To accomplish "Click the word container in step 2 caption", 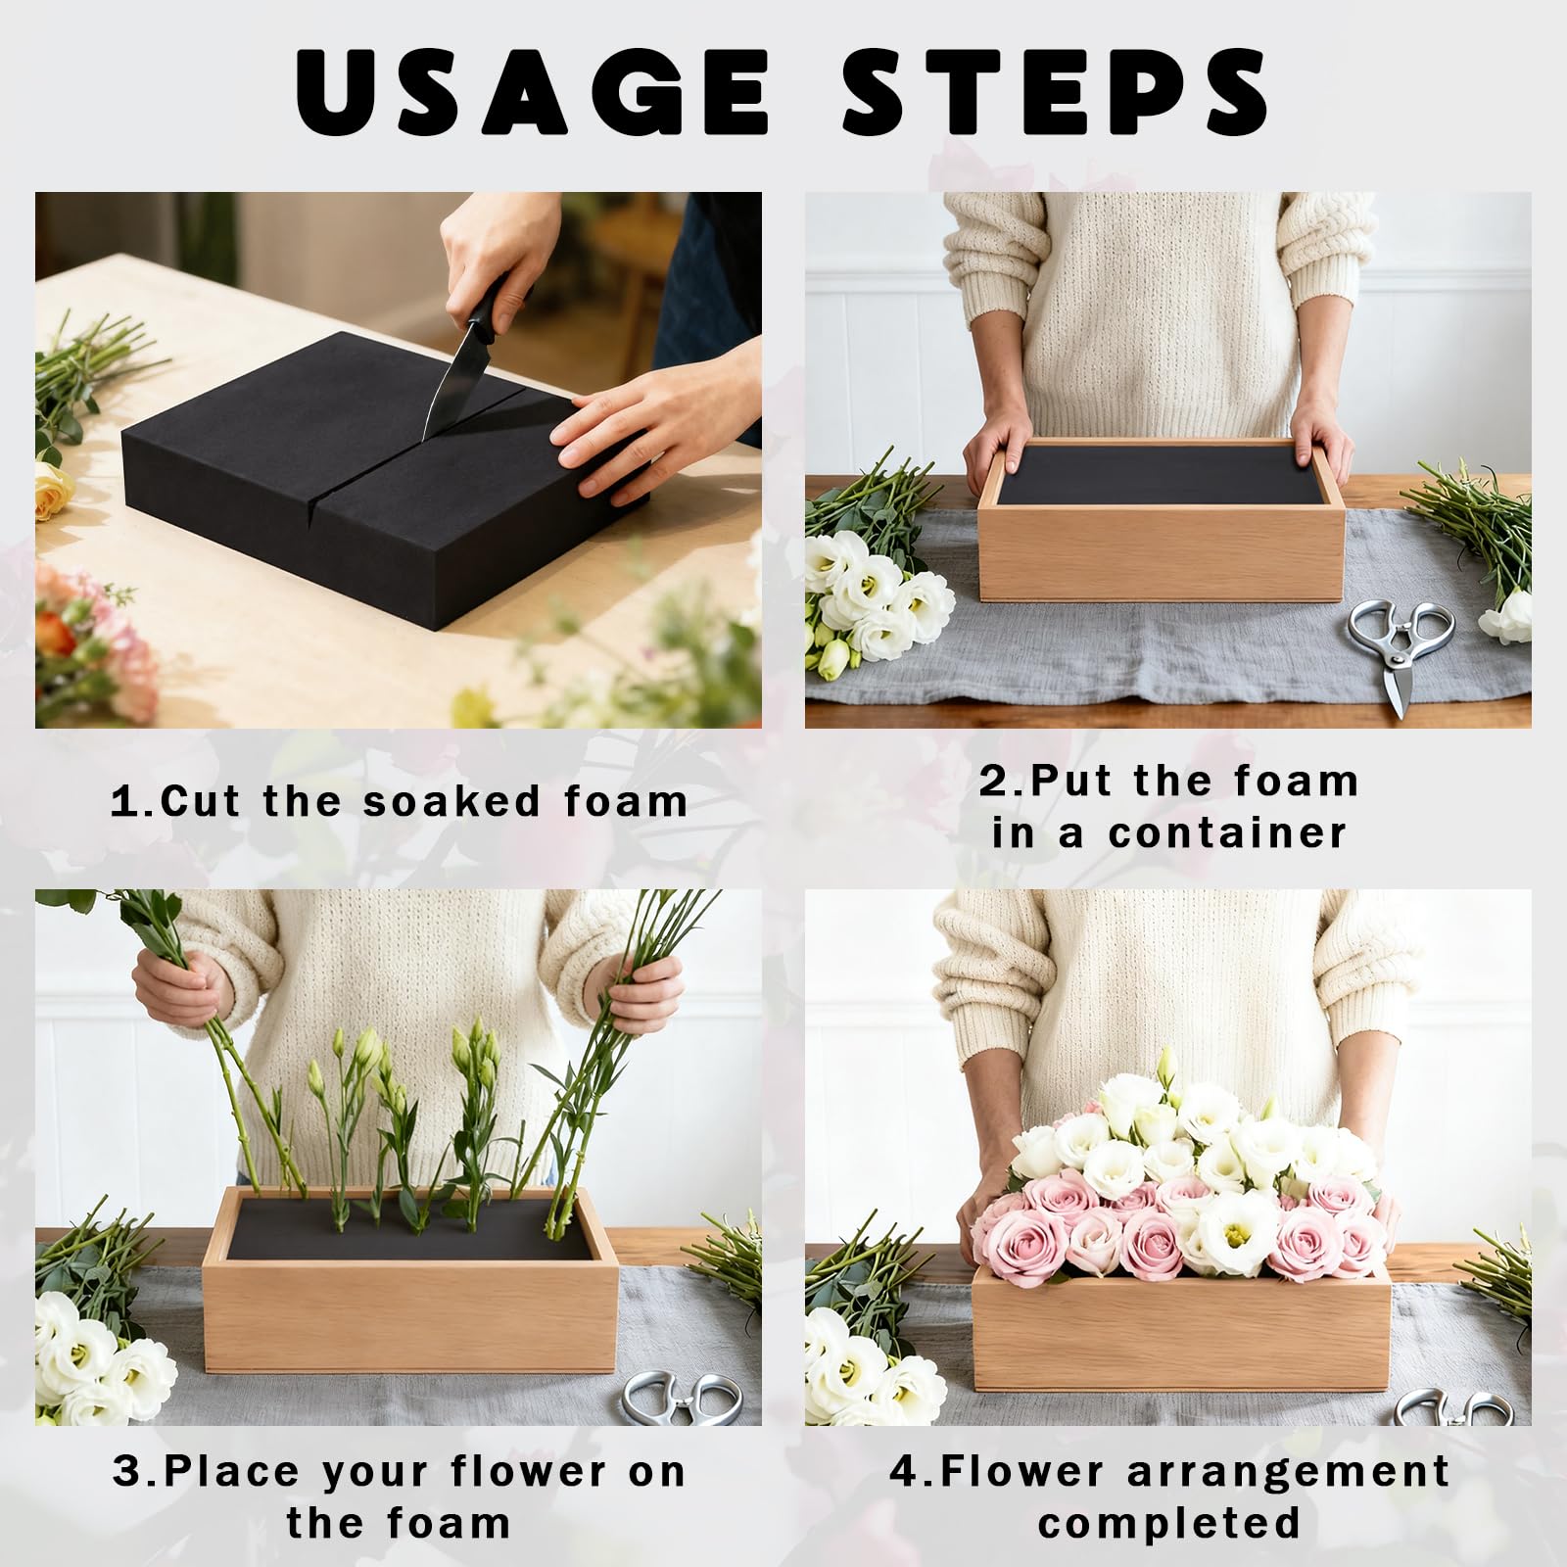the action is pos(1228,833).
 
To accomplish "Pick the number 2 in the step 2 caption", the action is pos(994,782).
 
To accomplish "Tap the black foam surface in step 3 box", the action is pos(411,1229).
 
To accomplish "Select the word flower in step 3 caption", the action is pos(529,1471).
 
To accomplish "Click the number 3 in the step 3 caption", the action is pos(127,1472).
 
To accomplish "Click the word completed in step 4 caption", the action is pos(1169,1525).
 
